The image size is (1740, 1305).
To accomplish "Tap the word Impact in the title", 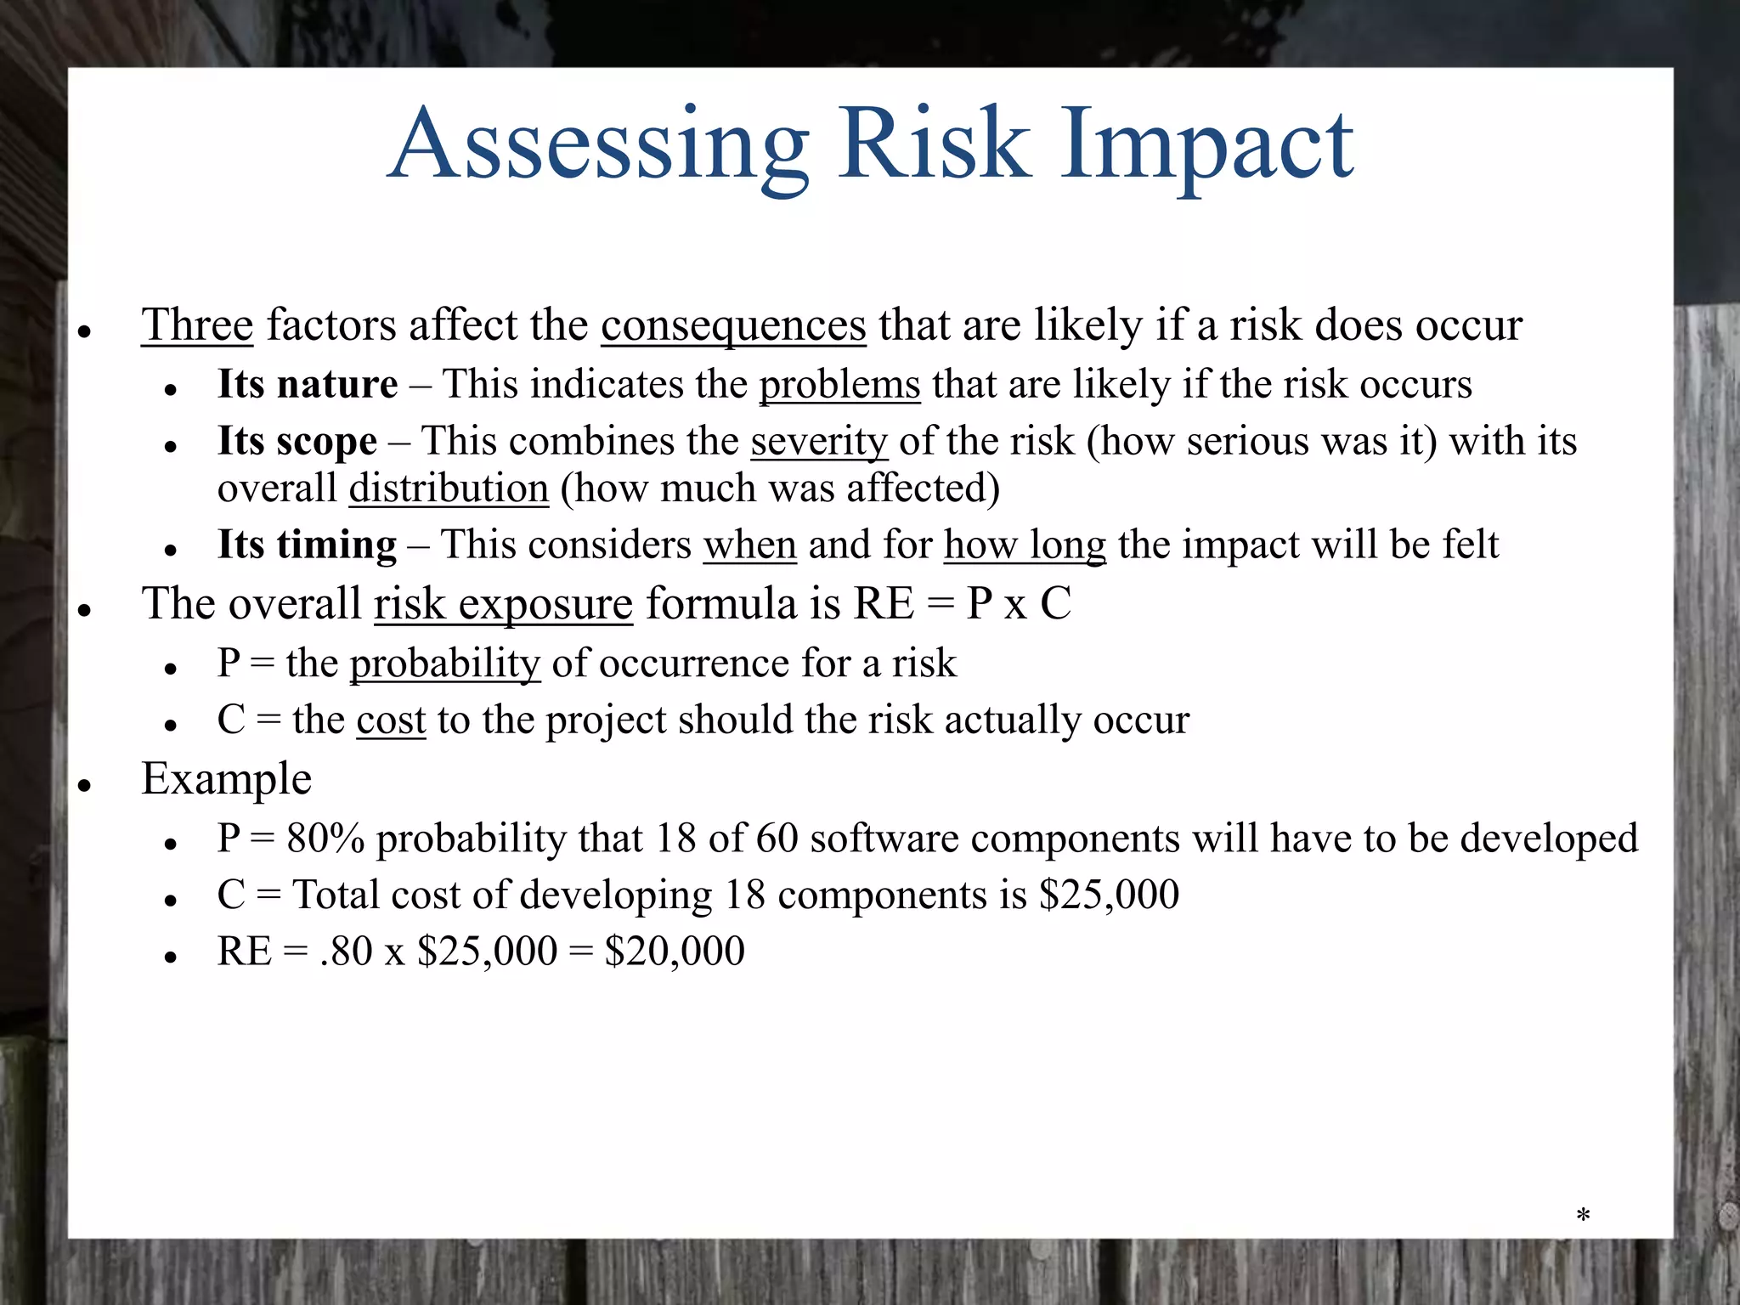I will point(1206,146).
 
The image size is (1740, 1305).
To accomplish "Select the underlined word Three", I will point(197,325).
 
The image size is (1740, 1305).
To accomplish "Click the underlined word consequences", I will point(733,326).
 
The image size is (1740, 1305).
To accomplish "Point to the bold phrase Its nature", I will point(308,384).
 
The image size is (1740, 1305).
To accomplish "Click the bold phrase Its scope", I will point(297,442).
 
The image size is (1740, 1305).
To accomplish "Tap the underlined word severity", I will point(819,442).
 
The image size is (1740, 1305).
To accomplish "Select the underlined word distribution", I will point(449,489).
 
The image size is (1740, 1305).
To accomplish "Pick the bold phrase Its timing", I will point(307,545).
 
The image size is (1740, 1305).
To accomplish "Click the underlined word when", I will point(749,545).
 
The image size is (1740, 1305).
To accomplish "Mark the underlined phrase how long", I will point(1025,545).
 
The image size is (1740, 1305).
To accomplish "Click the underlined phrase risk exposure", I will point(503,604).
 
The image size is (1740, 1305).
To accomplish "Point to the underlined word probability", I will point(445,663).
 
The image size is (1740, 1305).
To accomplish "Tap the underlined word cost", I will point(391,720).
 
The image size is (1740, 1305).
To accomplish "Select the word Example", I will point(227,779).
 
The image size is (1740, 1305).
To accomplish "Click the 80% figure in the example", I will point(325,839).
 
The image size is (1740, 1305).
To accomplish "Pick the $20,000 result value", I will point(675,951).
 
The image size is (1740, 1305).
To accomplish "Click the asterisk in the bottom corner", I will point(1583,1215).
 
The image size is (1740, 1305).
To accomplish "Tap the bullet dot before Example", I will point(84,786).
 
